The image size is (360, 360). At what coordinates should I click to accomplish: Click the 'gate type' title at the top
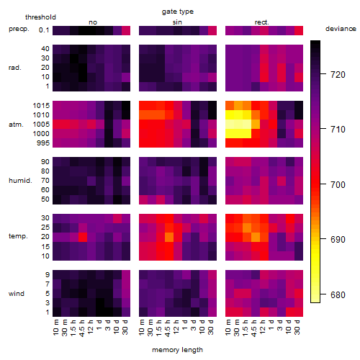[x=178, y=12]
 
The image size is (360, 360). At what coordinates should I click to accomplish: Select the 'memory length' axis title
[x=177, y=350]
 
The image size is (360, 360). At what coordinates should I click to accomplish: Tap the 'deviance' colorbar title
[x=341, y=29]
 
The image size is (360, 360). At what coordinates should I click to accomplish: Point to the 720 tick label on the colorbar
[x=338, y=75]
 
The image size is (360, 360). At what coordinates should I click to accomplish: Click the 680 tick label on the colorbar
[x=338, y=294]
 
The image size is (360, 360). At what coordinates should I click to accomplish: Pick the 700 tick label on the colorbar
[x=338, y=184]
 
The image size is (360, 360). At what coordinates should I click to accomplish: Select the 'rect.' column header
[x=262, y=22]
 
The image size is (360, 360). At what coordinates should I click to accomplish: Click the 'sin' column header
[x=177, y=22]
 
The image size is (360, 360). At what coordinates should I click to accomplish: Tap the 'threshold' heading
[x=40, y=17]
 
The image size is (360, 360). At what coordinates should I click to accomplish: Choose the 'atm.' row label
[x=16, y=125]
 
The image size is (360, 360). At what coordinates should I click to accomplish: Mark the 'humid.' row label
[x=20, y=180]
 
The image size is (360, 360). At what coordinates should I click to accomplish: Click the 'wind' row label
[x=17, y=294]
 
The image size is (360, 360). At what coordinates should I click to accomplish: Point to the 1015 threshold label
[x=41, y=106]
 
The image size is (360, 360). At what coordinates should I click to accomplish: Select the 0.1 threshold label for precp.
[x=44, y=30]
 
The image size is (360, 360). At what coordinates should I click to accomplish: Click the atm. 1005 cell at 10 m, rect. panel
[x=230, y=124]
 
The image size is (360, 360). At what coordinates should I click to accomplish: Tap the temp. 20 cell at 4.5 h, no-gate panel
[x=83, y=237]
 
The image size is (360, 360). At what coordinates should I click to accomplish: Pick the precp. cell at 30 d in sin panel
[x=212, y=30]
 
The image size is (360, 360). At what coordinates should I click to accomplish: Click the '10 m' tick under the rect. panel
[x=228, y=328]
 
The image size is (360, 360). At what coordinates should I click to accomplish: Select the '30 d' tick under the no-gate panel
[x=125, y=328]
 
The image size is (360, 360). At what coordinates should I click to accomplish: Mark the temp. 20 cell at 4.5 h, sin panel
[x=169, y=237]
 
